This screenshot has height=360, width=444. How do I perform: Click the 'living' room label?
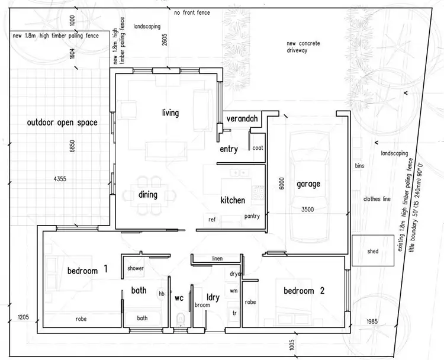(x=170, y=112)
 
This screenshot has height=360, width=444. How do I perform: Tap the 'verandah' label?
(x=242, y=119)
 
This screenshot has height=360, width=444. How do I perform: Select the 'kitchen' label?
(x=233, y=200)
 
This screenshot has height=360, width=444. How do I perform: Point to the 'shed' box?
(x=372, y=251)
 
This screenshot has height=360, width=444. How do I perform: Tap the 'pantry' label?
(x=252, y=217)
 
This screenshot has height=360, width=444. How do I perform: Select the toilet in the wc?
(x=179, y=320)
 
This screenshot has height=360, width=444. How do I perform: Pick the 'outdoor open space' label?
(x=62, y=123)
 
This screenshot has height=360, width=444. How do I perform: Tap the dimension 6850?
(x=73, y=148)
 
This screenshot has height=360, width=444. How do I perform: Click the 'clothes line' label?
(x=377, y=199)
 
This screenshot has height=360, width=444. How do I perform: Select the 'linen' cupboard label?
(x=217, y=259)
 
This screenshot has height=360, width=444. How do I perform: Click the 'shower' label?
(x=136, y=268)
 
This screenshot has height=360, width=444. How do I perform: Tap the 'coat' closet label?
(x=257, y=148)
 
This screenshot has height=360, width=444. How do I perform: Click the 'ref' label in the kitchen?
(x=212, y=220)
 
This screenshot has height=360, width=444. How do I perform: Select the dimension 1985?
(x=372, y=322)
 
